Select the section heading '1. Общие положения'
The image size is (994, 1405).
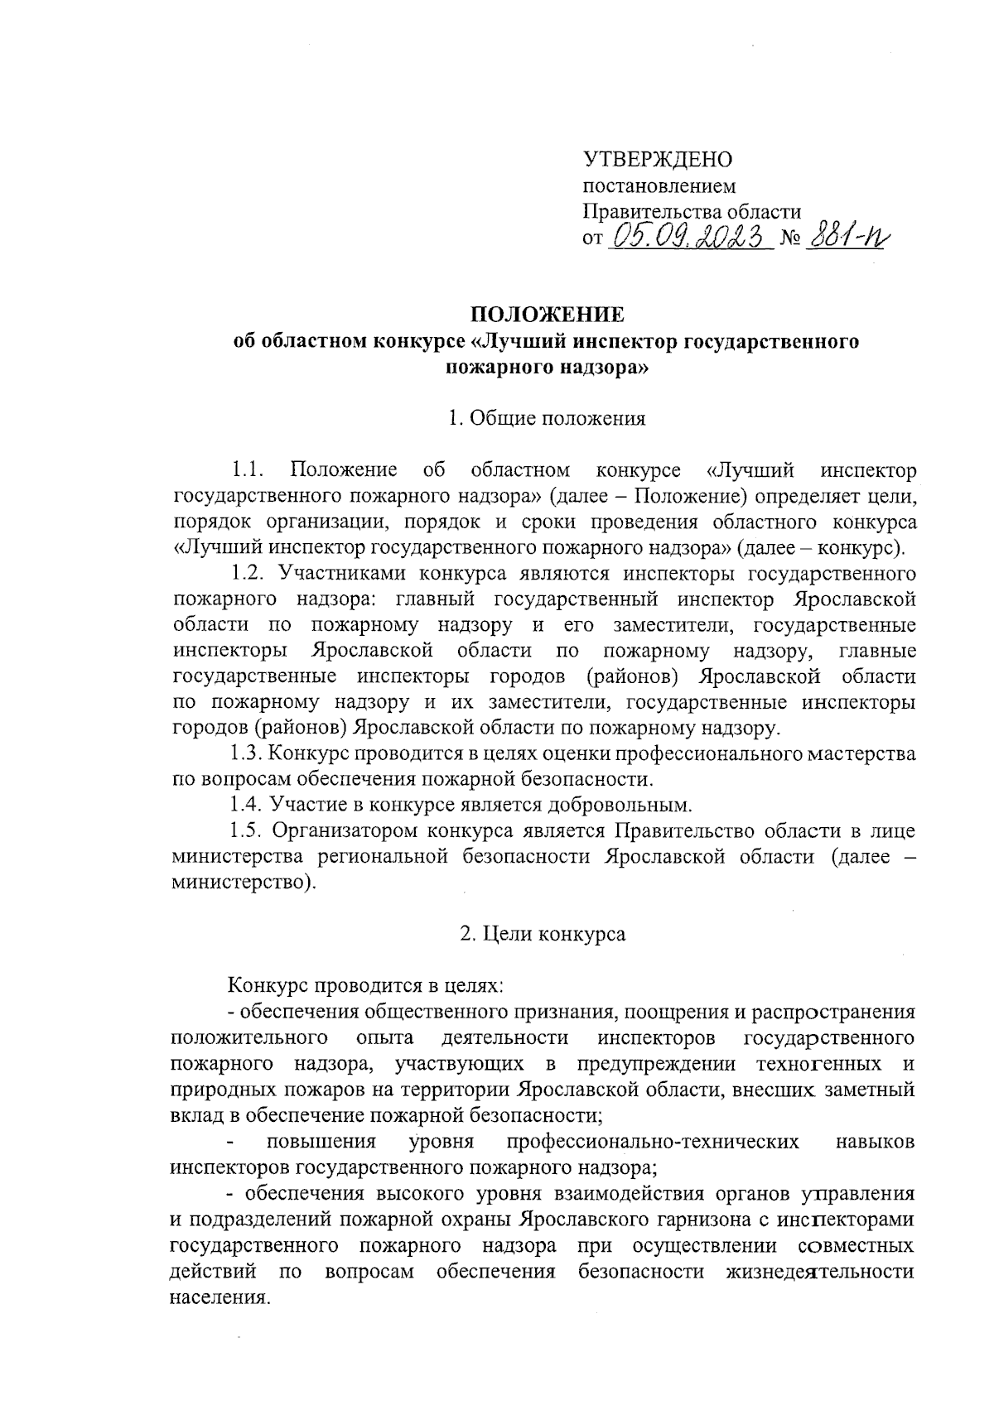[546, 418]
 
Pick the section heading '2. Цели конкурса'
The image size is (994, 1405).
[543, 934]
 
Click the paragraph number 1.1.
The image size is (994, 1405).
[248, 470]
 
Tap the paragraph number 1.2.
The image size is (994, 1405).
[248, 573]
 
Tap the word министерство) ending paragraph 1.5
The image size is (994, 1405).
[244, 882]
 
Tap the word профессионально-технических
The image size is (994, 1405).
[653, 1142]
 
